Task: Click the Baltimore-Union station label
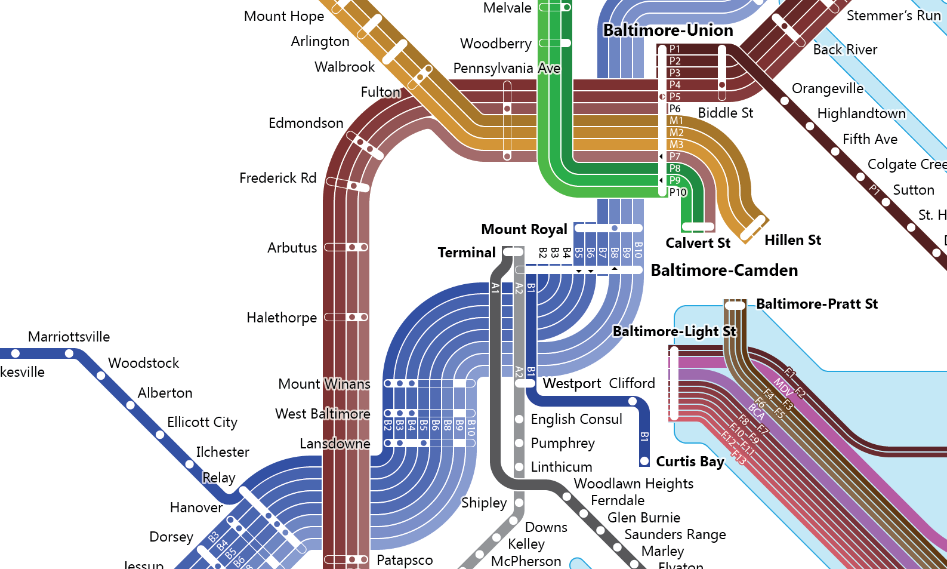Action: click(668, 30)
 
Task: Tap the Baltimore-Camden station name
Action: click(724, 270)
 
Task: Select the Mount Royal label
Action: click(524, 230)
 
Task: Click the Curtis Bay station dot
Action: click(644, 461)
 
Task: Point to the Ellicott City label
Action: click(202, 423)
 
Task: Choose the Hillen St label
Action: click(792, 240)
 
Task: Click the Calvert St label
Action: click(698, 243)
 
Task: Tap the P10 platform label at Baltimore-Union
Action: click(678, 192)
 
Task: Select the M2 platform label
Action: click(676, 133)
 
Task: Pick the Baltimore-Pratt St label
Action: click(817, 304)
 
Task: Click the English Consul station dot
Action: click(519, 419)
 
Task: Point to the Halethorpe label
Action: click(282, 318)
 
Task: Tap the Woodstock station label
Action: click(143, 363)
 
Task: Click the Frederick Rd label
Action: click(277, 178)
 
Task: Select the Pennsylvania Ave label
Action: click(507, 69)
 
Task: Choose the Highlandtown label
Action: click(861, 113)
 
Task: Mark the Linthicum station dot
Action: click(519, 467)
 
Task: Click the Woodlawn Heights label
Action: click(633, 484)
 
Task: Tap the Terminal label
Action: click(467, 253)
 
